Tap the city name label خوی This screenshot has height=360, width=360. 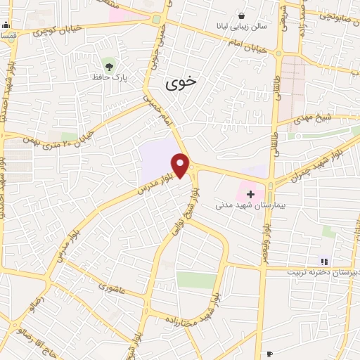pyautogui.click(x=181, y=83)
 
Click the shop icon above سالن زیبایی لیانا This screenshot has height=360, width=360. pyautogui.click(x=241, y=16)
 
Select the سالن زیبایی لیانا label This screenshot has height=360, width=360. pyautogui.click(x=243, y=26)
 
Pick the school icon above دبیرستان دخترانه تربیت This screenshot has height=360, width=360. pyautogui.click(x=324, y=262)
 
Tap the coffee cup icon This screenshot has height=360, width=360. pyautogui.click(x=269, y=354)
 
